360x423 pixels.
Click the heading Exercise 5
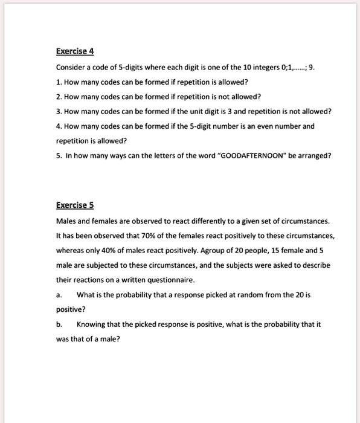[75, 205]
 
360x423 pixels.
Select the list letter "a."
[59, 295]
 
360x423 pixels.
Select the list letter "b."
[59, 325]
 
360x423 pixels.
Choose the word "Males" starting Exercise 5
[66, 221]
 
